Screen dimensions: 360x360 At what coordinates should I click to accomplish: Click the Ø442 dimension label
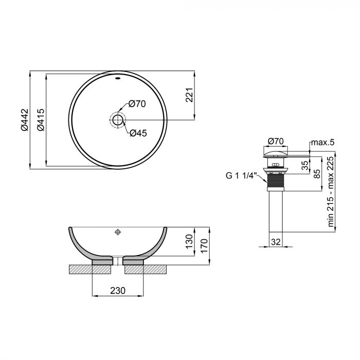[25, 120]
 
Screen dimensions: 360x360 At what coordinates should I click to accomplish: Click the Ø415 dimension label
[40, 120]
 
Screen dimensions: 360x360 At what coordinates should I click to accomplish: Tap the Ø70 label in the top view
[137, 104]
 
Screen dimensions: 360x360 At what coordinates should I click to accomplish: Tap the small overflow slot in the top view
[118, 79]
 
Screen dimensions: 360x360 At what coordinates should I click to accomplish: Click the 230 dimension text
[118, 291]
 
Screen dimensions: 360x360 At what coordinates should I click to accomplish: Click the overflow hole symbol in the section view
[118, 232]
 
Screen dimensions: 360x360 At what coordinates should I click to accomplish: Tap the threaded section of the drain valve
[277, 181]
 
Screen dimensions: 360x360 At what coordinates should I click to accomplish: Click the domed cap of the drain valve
[276, 152]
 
